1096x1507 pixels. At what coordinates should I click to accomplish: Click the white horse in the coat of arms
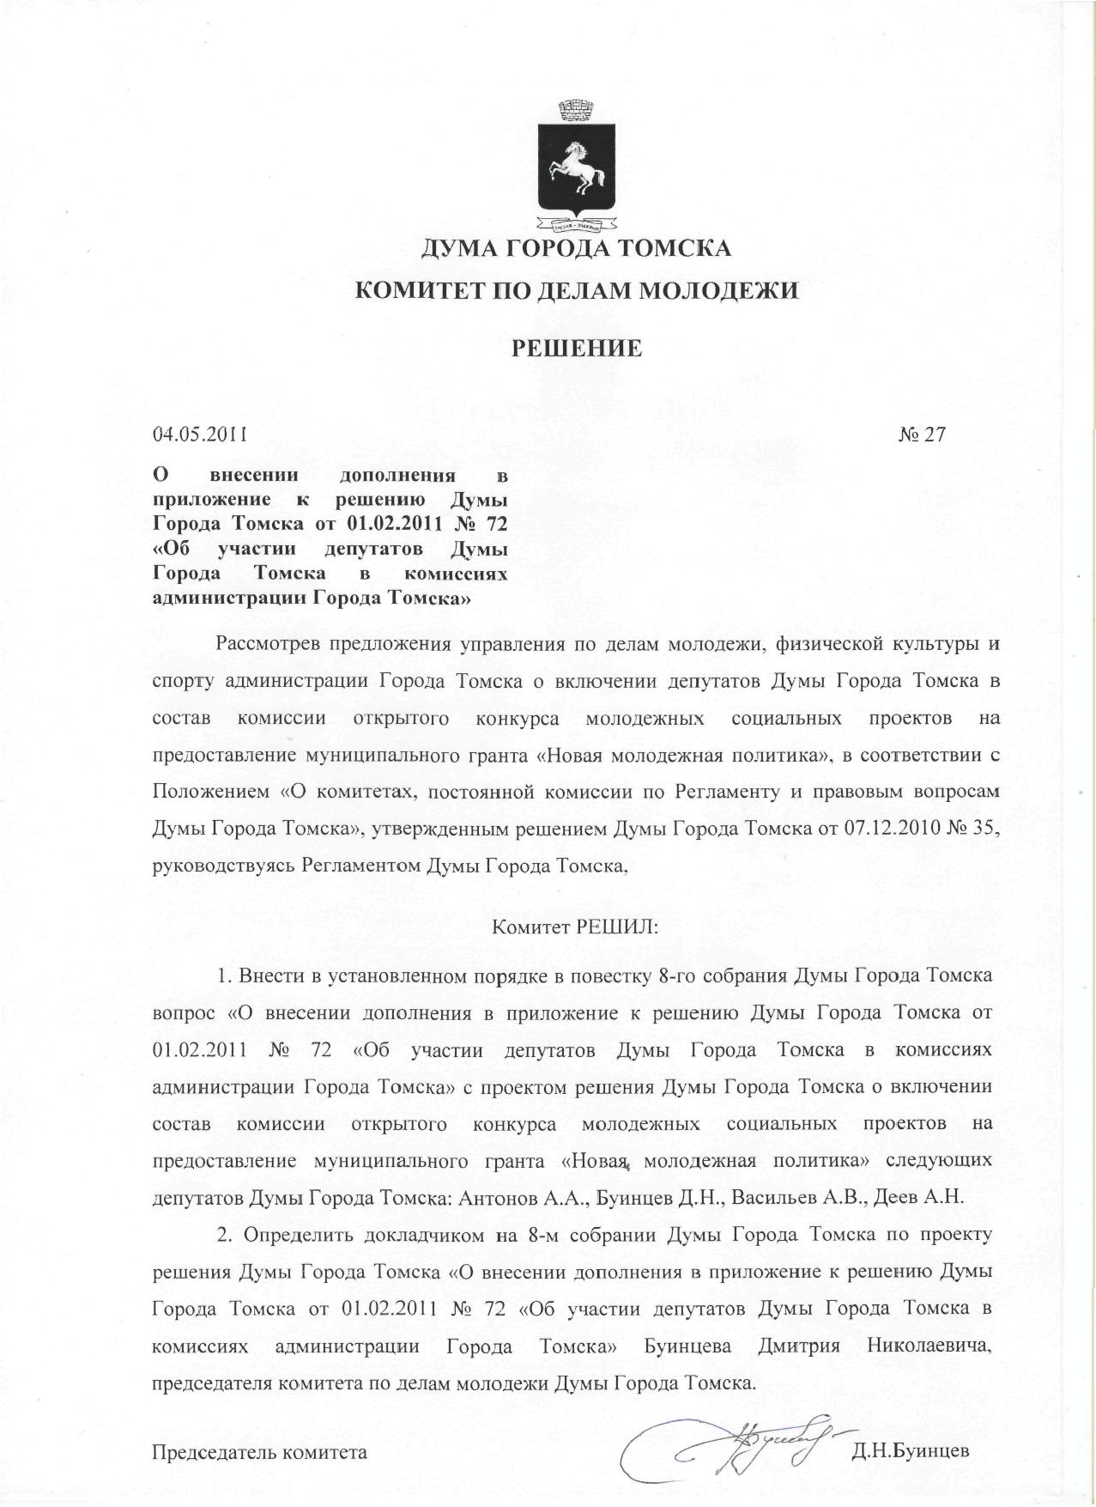tap(577, 167)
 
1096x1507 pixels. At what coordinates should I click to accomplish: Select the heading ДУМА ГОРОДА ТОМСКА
tap(575, 250)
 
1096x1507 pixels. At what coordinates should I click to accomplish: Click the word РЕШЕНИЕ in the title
tap(577, 349)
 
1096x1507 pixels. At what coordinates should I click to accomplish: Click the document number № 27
tap(921, 434)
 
